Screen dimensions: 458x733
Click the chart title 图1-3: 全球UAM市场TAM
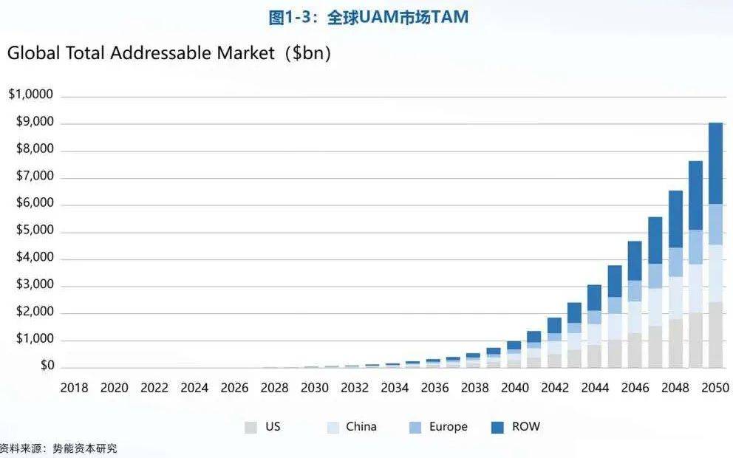[368, 17]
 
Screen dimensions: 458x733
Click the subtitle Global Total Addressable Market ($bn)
[168, 54]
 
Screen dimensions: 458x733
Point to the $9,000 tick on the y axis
[35, 122]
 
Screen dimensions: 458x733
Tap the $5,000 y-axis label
[35, 230]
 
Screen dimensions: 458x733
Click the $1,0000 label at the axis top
[31, 95]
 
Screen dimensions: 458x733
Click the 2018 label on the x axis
[74, 388]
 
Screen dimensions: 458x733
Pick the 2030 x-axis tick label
[315, 388]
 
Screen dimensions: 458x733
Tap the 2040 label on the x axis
[515, 388]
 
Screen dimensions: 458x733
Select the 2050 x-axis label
[715, 388]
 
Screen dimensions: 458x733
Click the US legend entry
[264, 427]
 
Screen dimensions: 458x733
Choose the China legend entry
[352, 427]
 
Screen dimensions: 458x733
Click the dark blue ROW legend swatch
[497, 428]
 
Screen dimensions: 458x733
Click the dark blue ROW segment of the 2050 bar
[715, 163]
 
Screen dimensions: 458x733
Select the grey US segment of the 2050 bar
[715, 335]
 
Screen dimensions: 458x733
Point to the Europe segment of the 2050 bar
[715, 224]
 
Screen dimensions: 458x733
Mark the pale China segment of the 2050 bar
[715, 273]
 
